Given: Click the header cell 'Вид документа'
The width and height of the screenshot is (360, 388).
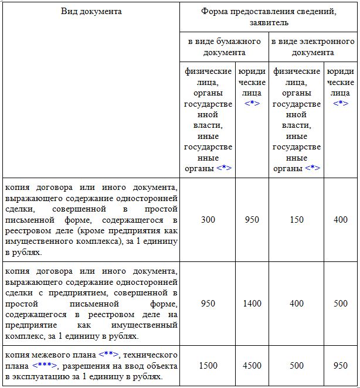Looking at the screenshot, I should point(91,11).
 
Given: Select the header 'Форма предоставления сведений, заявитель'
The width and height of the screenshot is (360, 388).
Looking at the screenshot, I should point(269,17).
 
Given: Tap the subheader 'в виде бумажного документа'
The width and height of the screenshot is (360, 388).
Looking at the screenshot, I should point(224,47).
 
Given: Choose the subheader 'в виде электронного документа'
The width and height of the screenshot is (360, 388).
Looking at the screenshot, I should point(313,47).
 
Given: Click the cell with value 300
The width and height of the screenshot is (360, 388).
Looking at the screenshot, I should point(208,220).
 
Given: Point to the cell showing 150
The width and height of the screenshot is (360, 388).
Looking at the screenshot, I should point(297,220).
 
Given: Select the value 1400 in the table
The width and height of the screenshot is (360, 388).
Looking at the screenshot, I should point(252,304).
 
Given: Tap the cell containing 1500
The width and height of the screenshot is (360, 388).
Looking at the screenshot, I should point(208,366).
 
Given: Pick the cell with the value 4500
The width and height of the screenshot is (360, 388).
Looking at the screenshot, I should point(252,366).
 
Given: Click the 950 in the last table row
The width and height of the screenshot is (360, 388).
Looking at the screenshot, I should point(341,366).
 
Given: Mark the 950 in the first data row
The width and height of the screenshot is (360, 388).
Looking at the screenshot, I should point(252,220).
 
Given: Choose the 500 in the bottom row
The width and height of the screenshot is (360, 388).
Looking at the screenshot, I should point(297,366).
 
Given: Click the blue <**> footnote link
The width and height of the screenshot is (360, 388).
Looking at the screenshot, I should point(109,355).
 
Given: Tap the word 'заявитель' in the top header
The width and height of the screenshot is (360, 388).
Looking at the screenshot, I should point(269,23).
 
